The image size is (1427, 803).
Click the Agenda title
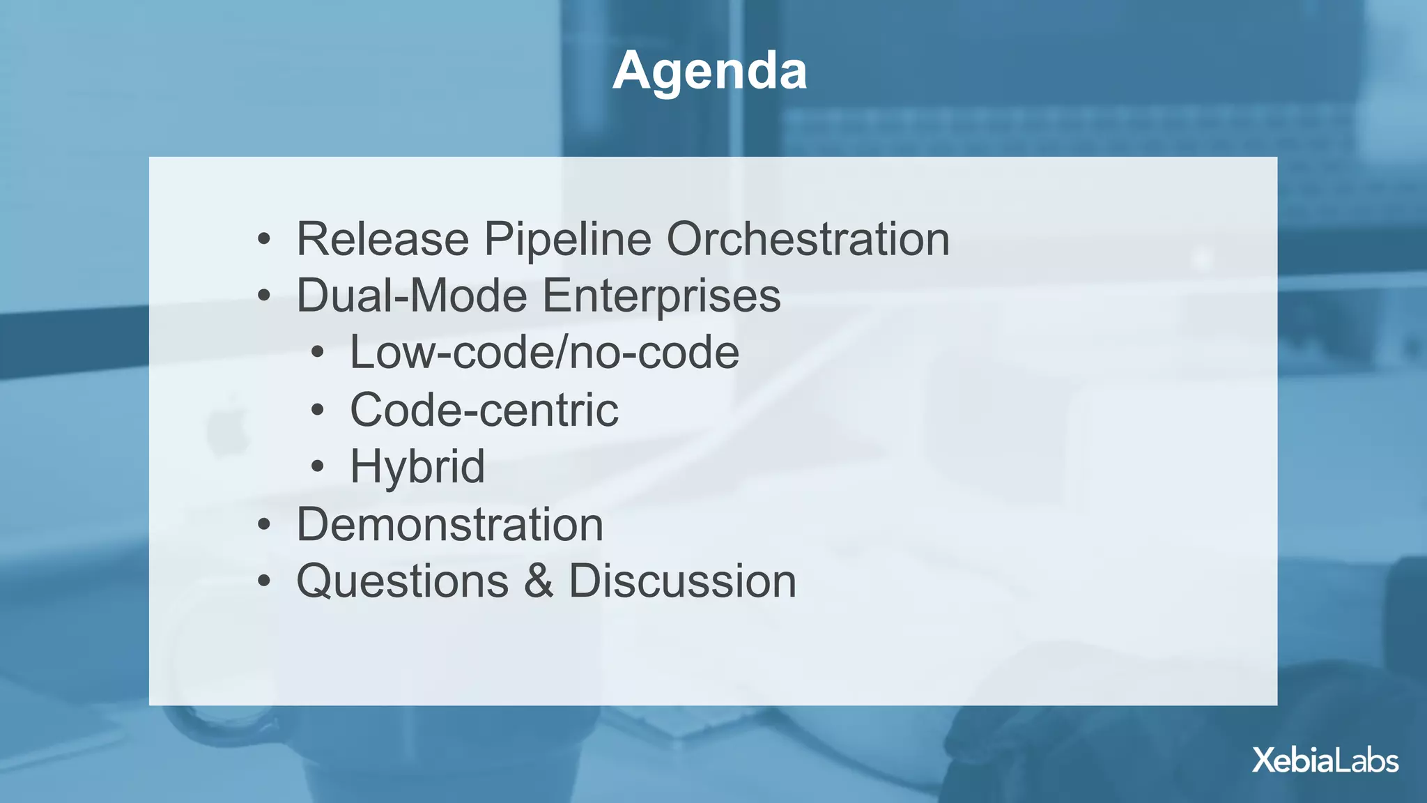tap(709, 71)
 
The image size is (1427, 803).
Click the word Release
tap(383, 239)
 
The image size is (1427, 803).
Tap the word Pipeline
tap(567, 239)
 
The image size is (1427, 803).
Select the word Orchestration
tap(808, 239)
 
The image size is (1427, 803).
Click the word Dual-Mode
tap(412, 296)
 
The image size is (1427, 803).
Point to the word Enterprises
tap(661, 296)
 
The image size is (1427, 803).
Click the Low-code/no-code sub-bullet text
tap(543, 353)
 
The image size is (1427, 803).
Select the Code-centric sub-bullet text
tap(484, 410)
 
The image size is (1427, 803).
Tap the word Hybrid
tap(417, 466)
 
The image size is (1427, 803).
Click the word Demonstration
tap(449, 524)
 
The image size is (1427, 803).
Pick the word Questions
tap(402, 581)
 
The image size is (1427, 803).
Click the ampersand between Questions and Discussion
tap(539, 581)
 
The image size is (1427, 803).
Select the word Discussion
tap(682, 581)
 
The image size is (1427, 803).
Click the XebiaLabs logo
tap(1325, 760)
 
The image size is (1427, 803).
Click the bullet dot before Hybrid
tap(318, 467)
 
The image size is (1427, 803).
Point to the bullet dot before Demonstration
tap(263, 525)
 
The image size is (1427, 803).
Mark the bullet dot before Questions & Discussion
tap(263, 582)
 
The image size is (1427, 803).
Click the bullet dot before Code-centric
tap(318, 411)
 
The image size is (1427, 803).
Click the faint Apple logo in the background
tap(228, 427)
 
